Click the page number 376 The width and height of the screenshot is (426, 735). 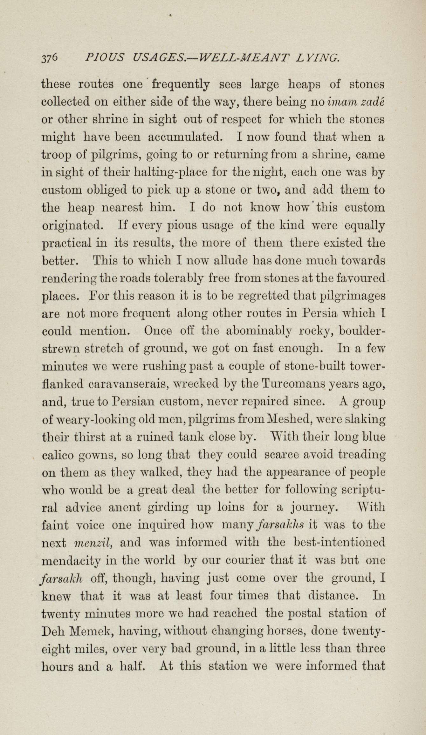(x=50, y=57)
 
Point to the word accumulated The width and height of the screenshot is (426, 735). (x=184, y=137)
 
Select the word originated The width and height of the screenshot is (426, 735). (x=72, y=226)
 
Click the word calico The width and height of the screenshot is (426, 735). (x=58, y=455)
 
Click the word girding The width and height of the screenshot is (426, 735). (x=168, y=507)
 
